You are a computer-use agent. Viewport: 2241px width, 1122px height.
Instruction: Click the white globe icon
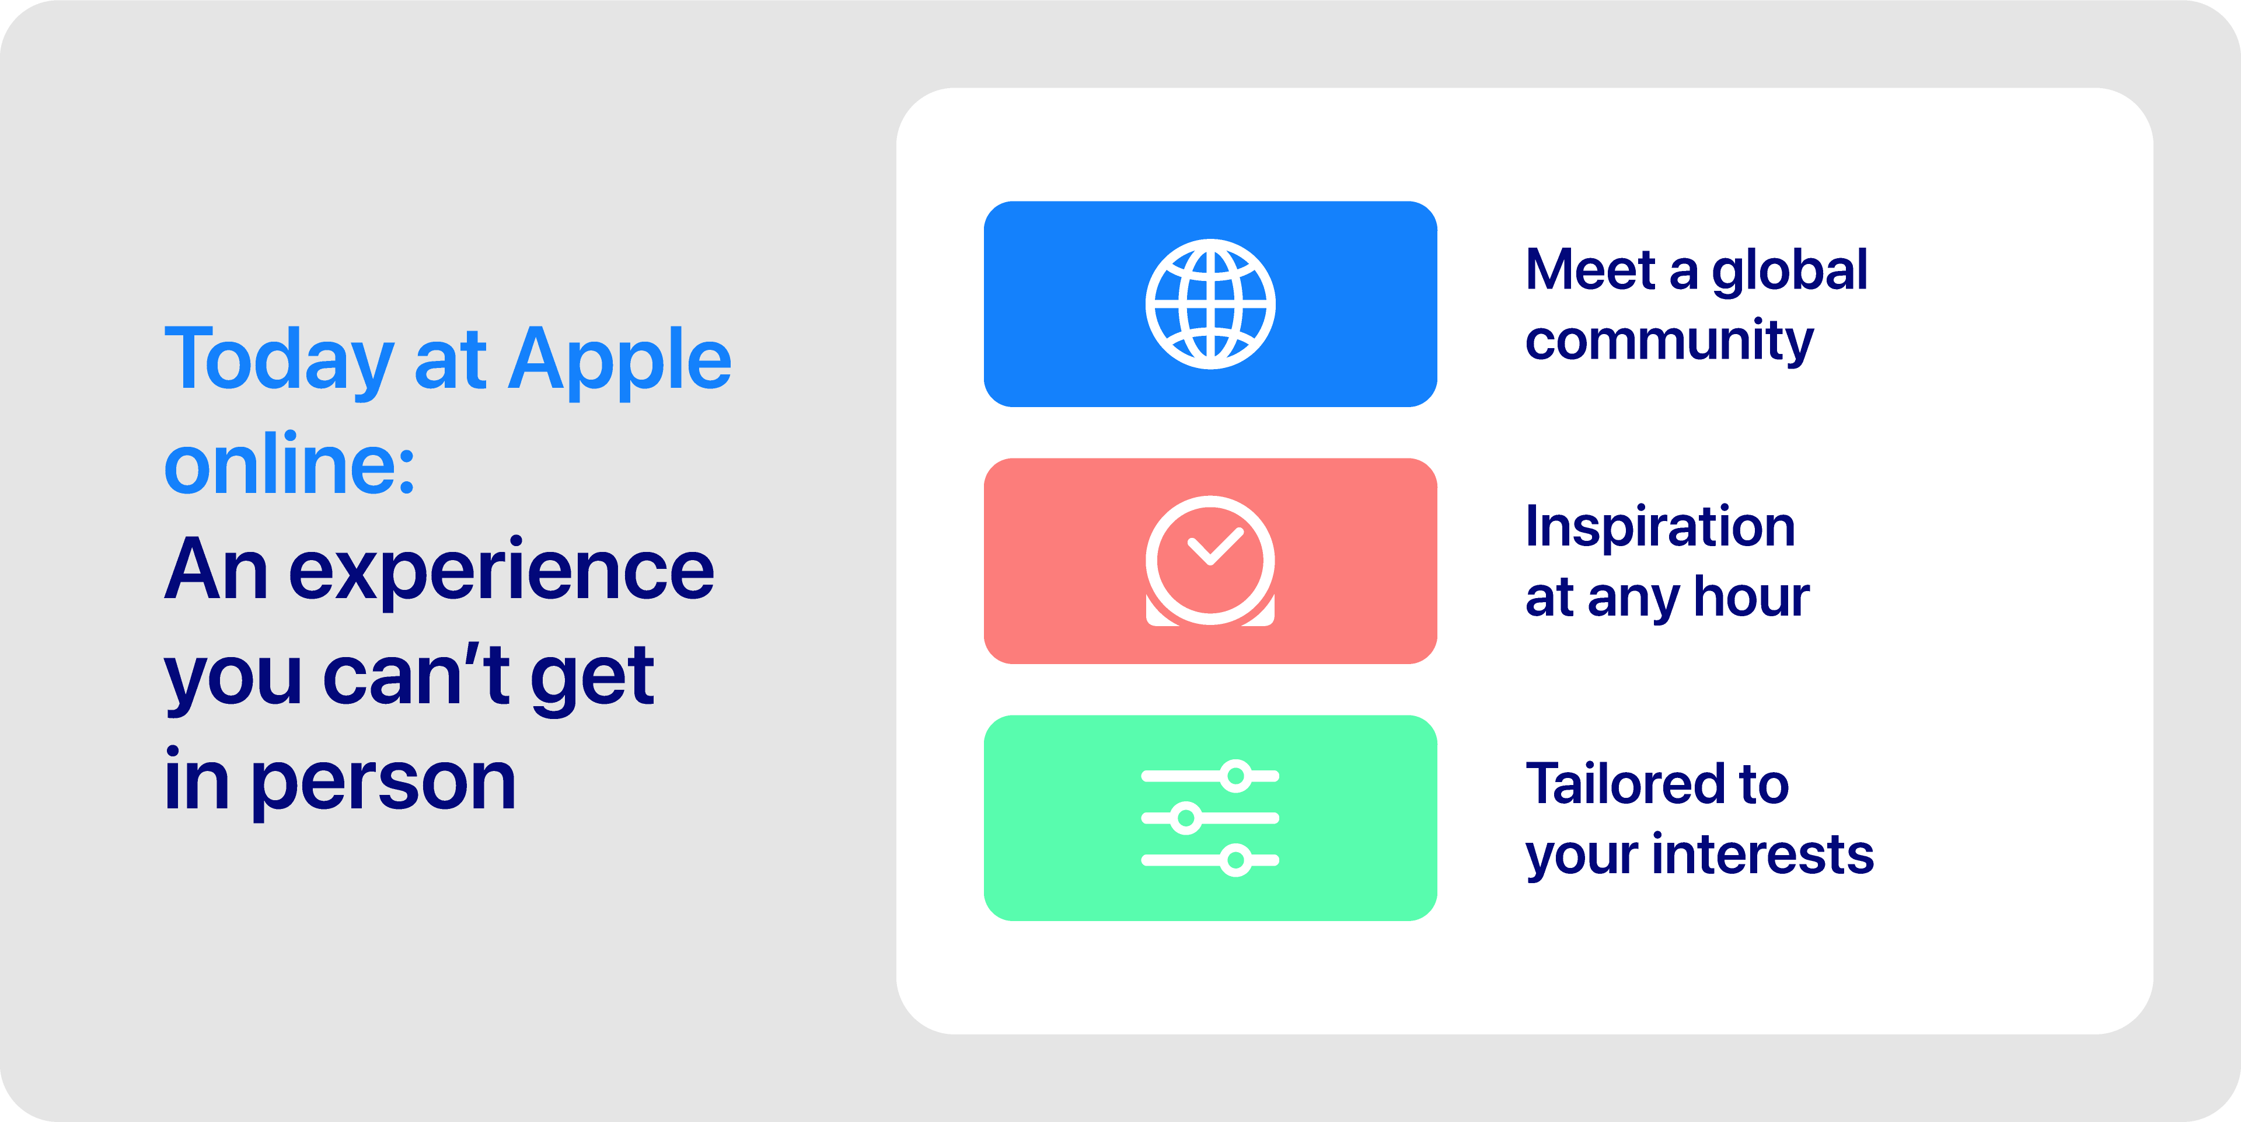click(1210, 304)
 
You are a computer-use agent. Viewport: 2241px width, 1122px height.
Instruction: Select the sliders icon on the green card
click(1210, 818)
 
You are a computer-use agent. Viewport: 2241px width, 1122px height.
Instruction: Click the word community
click(1670, 341)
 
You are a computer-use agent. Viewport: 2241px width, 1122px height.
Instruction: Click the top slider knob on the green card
click(1235, 776)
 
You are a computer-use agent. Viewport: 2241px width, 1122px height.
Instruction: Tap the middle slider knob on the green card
click(1185, 818)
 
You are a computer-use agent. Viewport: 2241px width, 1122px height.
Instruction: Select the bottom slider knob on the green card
click(1235, 860)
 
